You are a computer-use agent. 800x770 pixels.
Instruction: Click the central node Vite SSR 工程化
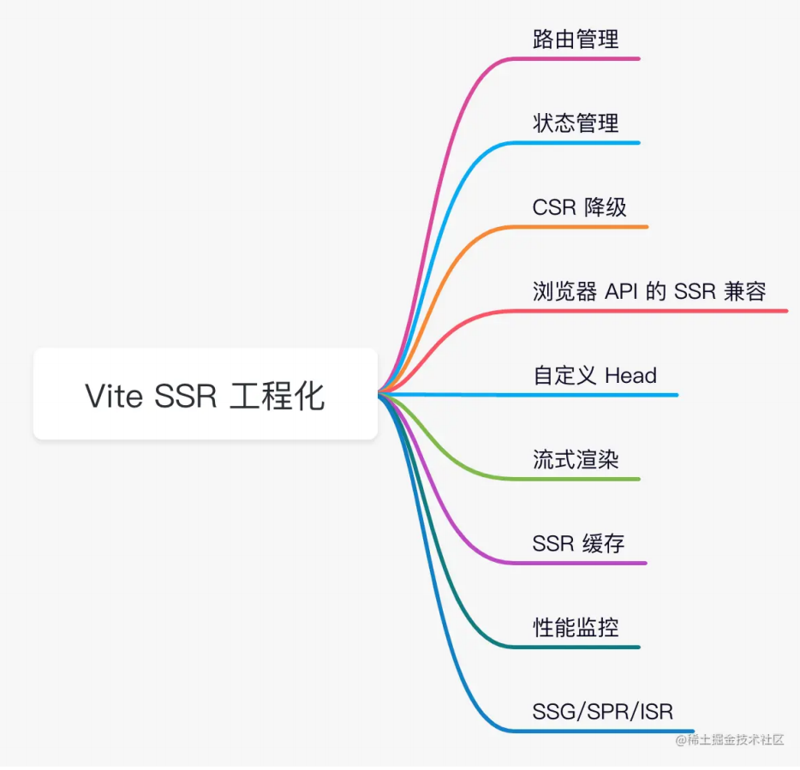pos(205,395)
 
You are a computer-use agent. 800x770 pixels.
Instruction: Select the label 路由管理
pos(575,39)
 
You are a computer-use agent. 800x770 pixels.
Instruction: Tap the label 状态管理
pos(575,123)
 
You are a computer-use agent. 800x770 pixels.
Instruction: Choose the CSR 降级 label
pos(579,207)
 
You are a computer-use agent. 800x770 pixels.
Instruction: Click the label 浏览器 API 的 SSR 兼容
pos(648,291)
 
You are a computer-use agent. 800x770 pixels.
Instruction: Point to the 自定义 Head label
pos(594,375)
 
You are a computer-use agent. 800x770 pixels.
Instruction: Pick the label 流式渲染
pos(575,459)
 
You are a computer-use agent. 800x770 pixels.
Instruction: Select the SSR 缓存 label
pos(578,543)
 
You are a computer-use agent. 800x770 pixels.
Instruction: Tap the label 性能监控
pos(575,627)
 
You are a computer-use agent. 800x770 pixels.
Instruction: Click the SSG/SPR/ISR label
pos(602,711)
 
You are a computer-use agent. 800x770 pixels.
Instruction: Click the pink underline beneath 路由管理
pos(582,58)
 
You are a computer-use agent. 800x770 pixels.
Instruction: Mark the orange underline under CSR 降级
pos(591,227)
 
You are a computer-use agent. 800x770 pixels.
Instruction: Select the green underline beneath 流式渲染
pos(582,478)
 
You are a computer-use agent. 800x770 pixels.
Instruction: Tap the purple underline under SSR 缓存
pos(591,563)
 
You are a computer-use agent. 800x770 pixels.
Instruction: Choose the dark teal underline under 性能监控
pos(582,647)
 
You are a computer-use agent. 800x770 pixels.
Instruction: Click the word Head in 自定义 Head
pos(630,375)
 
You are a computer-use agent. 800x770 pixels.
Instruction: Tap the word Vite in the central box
pos(114,396)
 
